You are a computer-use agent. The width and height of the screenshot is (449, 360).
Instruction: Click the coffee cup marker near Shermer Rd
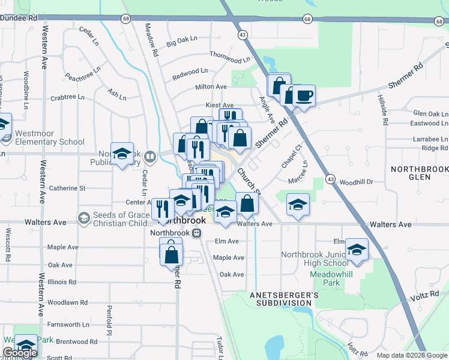coord(304,95)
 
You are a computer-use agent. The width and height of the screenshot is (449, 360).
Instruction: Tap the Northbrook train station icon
coord(196,233)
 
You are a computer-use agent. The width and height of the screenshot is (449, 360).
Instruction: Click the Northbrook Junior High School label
coord(315,259)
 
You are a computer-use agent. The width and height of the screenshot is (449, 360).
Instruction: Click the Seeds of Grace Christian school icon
coord(83,217)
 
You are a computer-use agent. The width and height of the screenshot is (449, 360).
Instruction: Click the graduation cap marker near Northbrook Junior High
coord(357,250)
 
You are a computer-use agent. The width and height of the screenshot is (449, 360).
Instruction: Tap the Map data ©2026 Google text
coord(411,355)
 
